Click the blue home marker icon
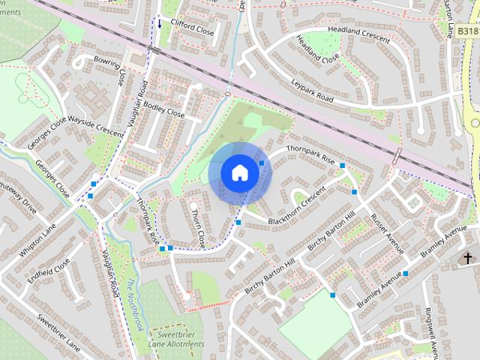coord(239,172)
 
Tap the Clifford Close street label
coord(192,29)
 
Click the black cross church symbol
coord(469,258)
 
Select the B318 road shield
coord(467,31)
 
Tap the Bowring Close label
coord(109,68)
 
